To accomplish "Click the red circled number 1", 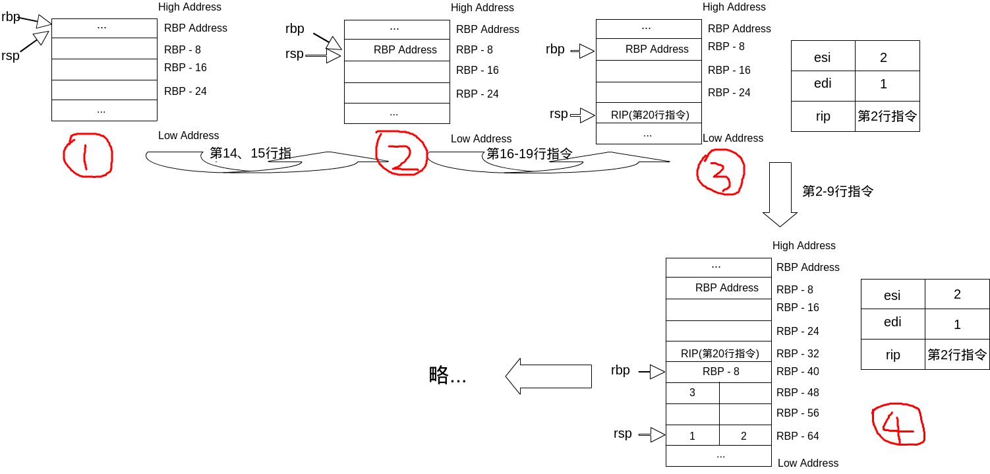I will tap(88, 156).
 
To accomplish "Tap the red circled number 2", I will tap(401, 153).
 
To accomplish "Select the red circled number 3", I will tap(720, 171).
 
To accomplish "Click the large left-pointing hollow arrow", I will tap(548, 376).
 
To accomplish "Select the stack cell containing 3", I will tap(693, 393).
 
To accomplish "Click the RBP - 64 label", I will tap(798, 436).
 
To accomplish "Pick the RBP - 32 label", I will tap(798, 353).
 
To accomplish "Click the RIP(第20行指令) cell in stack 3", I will tap(649, 115).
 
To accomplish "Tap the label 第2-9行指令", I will tap(838, 191).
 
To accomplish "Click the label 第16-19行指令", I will tap(529, 154).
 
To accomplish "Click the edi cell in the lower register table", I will tap(892, 322).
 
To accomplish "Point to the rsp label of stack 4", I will tap(622, 434).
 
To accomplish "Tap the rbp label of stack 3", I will tap(555, 49).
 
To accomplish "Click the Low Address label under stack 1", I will tap(189, 136).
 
